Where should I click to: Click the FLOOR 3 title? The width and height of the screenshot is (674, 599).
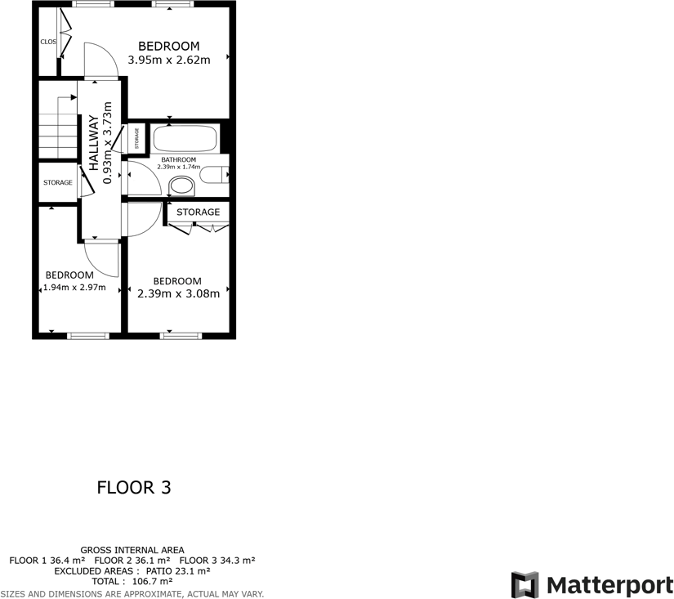pyautogui.click(x=134, y=488)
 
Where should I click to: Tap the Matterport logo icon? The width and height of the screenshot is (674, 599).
pyautogui.click(x=525, y=585)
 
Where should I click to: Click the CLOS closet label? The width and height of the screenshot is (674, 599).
pyautogui.click(x=47, y=41)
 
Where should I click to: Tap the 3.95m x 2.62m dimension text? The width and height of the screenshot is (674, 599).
pyautogui.click(x=169, y=60)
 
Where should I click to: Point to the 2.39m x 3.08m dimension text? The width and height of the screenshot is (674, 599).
pyautogui.click(x=178, y=294)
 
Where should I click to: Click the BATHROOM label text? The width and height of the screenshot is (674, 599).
pyautogui.click(x=178, y=159)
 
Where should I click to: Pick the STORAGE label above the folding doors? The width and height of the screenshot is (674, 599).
pyautogui.click(x=199, y=212)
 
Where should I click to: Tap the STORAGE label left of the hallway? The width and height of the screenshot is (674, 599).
pyautogui.click(x=58, y=182)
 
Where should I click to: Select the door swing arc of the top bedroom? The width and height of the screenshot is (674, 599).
pyautogui.click(x=101, y=57)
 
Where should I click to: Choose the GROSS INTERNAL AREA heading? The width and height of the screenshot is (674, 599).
pyautogui.click(x=132, y=550)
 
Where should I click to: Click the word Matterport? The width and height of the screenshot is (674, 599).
pyautogui.click(x=609, y=585)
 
